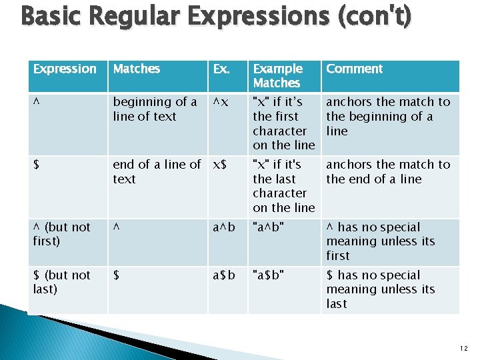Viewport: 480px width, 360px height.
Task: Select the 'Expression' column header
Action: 65,69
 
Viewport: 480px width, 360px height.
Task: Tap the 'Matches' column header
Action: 136,69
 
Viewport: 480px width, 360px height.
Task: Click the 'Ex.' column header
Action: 222,69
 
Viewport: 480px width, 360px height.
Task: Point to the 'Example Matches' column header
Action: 277,76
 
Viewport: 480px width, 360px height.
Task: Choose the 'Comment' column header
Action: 354,69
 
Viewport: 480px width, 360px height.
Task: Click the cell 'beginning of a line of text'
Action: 155,109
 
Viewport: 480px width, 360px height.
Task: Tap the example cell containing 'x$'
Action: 221,165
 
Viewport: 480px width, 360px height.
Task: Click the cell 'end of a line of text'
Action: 156,172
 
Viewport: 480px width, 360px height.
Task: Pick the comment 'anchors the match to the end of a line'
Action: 388,172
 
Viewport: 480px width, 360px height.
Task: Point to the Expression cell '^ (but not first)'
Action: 61,234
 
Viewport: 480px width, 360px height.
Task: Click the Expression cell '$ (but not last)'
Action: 61,282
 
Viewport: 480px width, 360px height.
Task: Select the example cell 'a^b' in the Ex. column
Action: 224,227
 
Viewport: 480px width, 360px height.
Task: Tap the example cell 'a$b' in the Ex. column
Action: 224,275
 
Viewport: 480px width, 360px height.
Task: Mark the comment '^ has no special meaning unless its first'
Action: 380,241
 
